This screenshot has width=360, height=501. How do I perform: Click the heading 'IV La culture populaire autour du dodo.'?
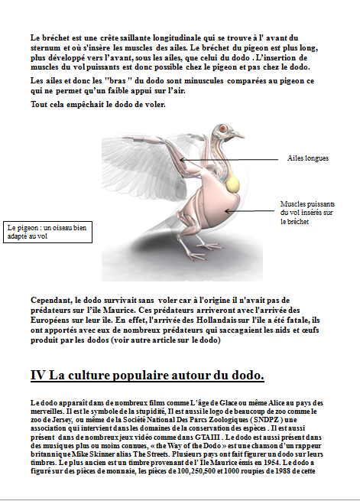148,375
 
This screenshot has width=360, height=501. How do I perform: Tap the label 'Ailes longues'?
307,158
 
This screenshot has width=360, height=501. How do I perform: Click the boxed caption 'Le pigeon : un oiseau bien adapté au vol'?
47,232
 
